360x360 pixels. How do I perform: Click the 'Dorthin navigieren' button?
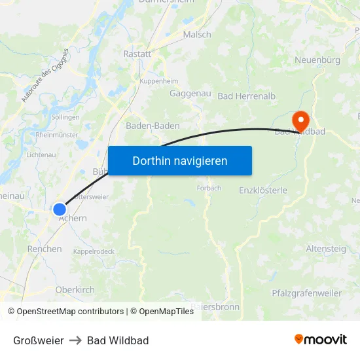180,160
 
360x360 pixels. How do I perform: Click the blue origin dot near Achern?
60,209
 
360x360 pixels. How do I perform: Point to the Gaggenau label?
190,94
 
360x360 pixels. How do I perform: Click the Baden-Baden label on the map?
153,126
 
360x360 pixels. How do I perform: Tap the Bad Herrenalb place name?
247,96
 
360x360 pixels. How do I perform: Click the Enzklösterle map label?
263,190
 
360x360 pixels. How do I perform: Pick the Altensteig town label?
327,248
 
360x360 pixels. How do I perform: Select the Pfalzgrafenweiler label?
306,293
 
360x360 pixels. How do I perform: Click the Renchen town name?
45,249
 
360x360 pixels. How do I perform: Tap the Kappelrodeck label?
94,251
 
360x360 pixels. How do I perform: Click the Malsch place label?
197,35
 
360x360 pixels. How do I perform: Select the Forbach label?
209,188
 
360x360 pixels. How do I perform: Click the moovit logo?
321,340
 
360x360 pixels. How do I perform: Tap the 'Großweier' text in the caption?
39,340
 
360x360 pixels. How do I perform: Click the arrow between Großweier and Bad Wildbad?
75,340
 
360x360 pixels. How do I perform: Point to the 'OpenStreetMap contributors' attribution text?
70,312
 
